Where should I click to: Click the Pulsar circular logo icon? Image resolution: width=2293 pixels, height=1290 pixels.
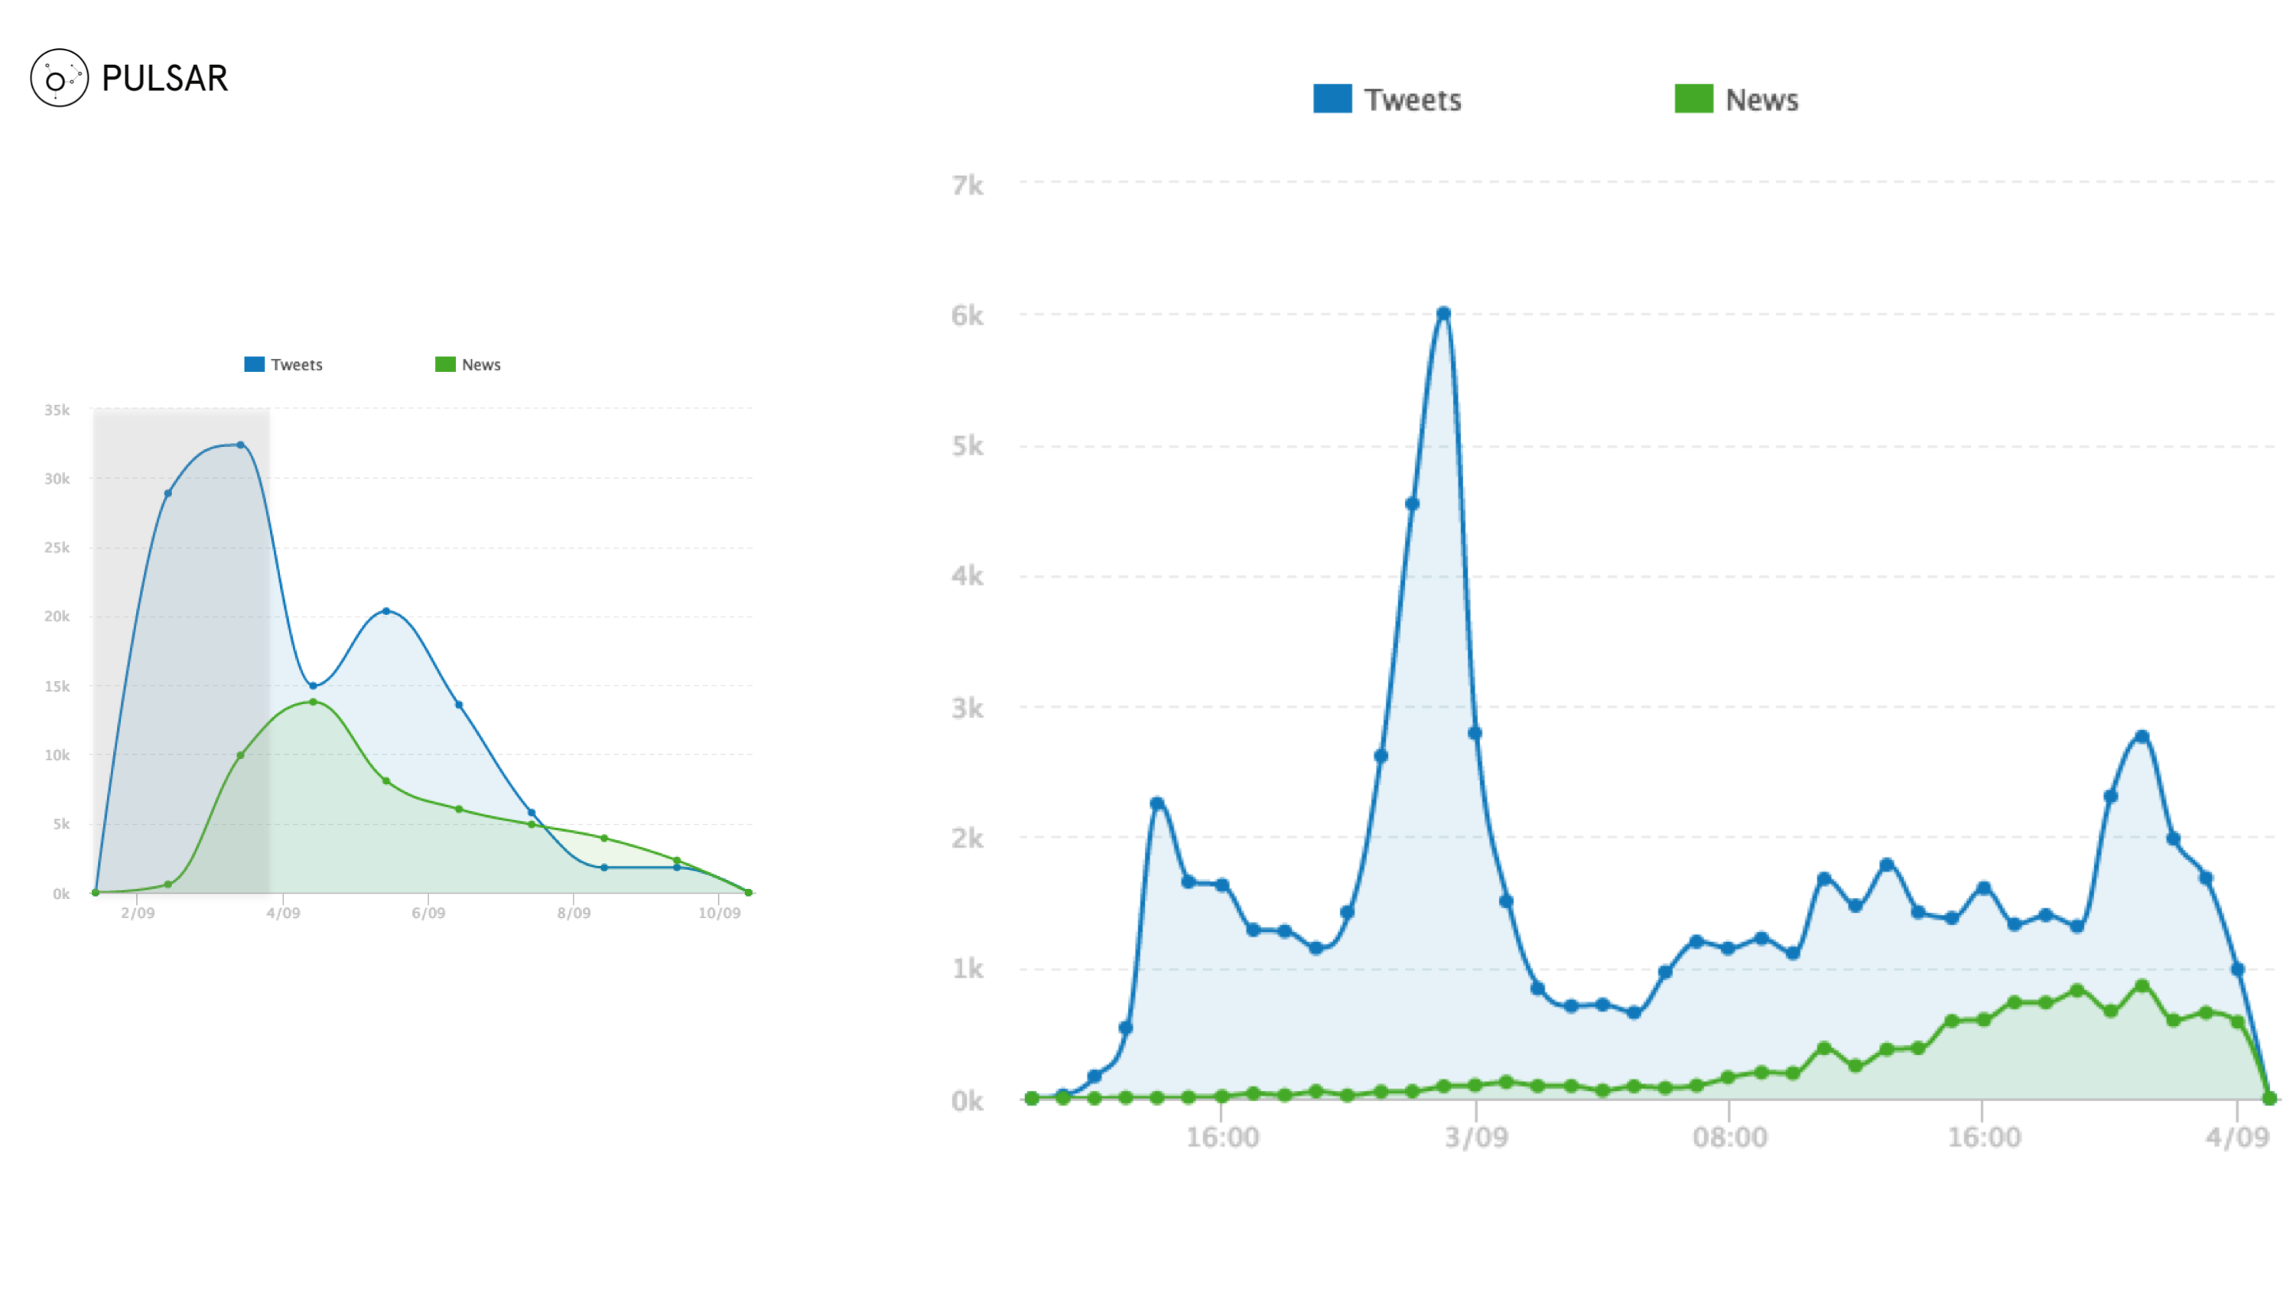pos(59,78)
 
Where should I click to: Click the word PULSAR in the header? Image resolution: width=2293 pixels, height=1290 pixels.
pos(164,78)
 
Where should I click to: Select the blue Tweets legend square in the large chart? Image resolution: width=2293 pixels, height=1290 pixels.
pos(1332,99)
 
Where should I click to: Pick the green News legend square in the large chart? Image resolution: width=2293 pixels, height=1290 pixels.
pos(1693,99)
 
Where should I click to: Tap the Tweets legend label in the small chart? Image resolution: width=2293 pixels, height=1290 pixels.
pos(297,365)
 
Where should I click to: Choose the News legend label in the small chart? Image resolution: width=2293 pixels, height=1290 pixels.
pos(480,365)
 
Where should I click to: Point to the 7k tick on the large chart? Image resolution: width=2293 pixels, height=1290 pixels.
pos(967,185)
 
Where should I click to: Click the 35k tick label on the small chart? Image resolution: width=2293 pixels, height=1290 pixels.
pos(57,410)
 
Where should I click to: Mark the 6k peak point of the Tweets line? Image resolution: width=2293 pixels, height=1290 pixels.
pos(1443,314)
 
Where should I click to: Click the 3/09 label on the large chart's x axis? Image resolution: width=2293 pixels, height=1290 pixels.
pos(1476,1137)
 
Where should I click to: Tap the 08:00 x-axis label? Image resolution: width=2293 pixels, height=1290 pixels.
pos(1729,1137)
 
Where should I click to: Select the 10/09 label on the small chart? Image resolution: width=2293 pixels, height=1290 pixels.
pos(718,914)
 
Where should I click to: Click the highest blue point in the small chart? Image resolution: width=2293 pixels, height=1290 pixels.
pos(240,445)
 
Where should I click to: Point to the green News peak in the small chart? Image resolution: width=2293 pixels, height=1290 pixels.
pos(313,702)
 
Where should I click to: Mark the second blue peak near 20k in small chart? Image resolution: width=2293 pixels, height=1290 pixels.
pos(385,611)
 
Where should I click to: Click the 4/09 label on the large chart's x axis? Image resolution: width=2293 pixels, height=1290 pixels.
pos(2237,1137)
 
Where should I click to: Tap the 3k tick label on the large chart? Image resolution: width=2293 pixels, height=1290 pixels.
pos(967,709)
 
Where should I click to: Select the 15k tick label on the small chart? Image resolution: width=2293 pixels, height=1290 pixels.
pos(57,686)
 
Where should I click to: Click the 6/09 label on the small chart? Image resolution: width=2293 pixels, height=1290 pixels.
pos(428,914)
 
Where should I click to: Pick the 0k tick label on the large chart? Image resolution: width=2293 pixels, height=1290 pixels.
pos(967,1101)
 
